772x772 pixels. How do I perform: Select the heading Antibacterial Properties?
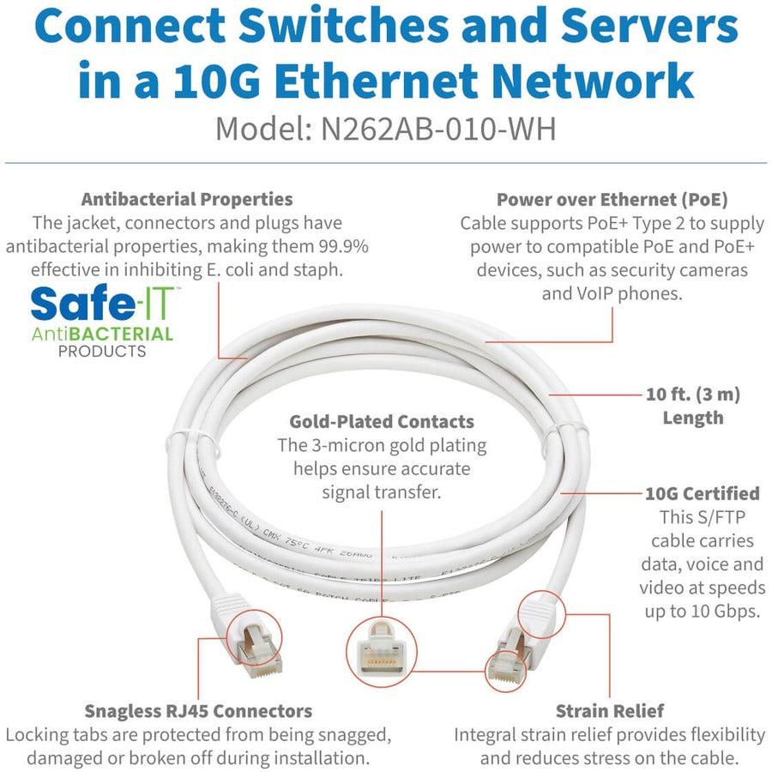(187, 199)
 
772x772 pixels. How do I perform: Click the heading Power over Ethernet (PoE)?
(612, 199)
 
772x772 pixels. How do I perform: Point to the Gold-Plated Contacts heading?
(382, 421)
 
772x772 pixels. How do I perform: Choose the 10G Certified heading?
(703, 493)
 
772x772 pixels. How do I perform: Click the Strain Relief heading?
(609, 710)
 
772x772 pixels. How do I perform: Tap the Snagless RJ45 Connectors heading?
(198, 710)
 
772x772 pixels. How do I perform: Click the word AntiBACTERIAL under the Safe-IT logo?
(102, 334)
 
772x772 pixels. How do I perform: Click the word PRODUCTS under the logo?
(102, 351)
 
